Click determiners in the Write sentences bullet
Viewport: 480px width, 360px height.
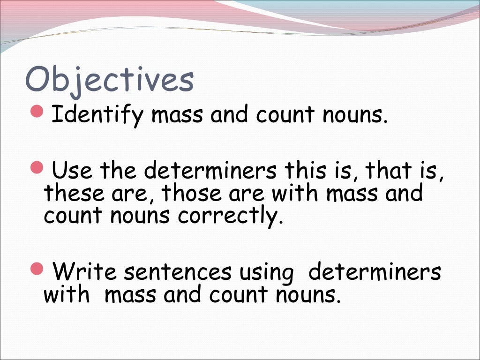[375, 272]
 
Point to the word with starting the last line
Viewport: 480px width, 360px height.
[67, 295]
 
